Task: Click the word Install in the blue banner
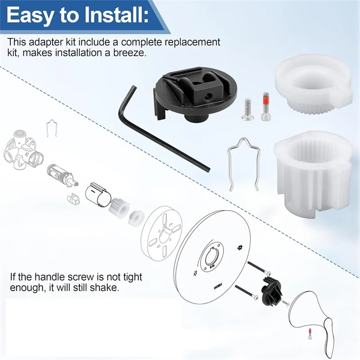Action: [x=114, y=15]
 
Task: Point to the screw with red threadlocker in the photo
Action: [x=265, y=106]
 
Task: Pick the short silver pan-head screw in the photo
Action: [x=247, y=109]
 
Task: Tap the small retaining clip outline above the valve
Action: [x=52, y=128]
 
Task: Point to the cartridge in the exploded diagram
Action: [x=62, y=175]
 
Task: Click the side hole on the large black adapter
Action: [x=207, y=95]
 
